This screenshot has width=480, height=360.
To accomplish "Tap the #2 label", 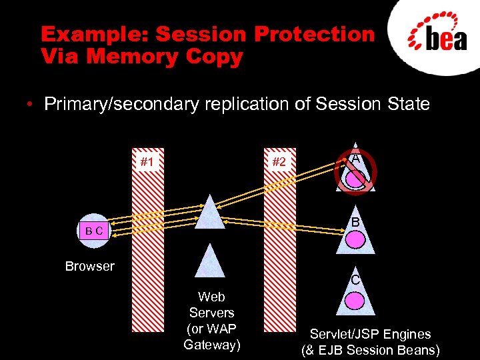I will [279, 161].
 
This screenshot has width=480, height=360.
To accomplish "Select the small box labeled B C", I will [94, 231].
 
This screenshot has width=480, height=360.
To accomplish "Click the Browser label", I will [90, 267].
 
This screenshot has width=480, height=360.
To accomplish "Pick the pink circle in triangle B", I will [356, 237].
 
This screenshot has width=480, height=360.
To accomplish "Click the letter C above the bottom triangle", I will [356, 280].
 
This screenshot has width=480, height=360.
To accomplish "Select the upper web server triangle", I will [211, 213].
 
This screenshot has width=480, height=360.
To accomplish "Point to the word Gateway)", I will [212, 345].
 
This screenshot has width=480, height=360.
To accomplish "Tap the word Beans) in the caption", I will [418, 350].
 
